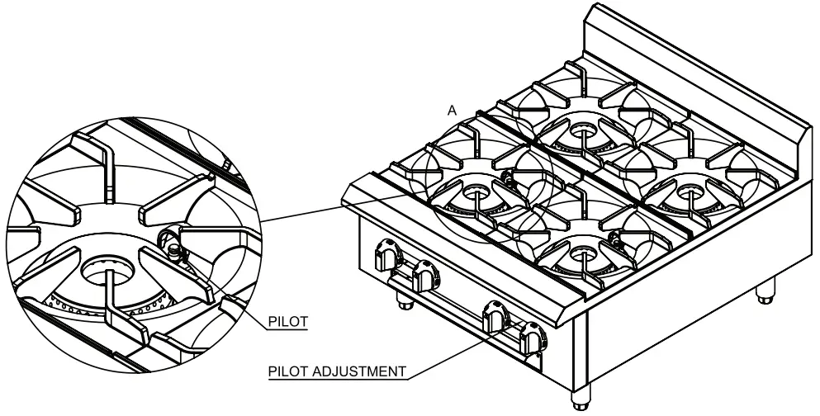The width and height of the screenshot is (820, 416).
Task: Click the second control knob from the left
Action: tap(425, 272)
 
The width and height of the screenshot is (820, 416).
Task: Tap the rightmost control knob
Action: tap(533, 338)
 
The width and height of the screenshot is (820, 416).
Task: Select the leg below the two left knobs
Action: tap(404, 300)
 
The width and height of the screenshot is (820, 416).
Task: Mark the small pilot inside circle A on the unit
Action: tap(509, 176)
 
